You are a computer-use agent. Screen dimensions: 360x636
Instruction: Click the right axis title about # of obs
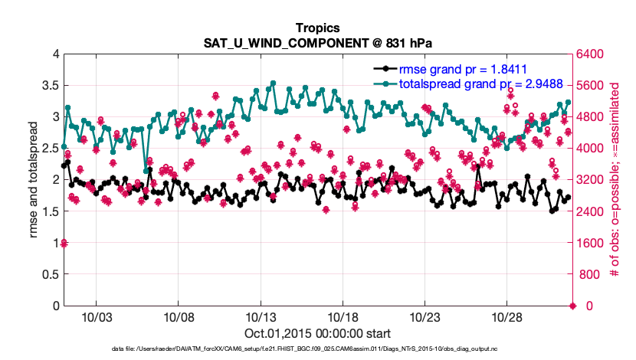click(615, 180)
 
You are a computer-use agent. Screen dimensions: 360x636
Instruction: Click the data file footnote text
click(317, 349)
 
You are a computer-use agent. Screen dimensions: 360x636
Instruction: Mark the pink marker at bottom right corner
click(572, 306)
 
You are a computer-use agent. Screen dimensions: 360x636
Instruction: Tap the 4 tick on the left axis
click(56, 54)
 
